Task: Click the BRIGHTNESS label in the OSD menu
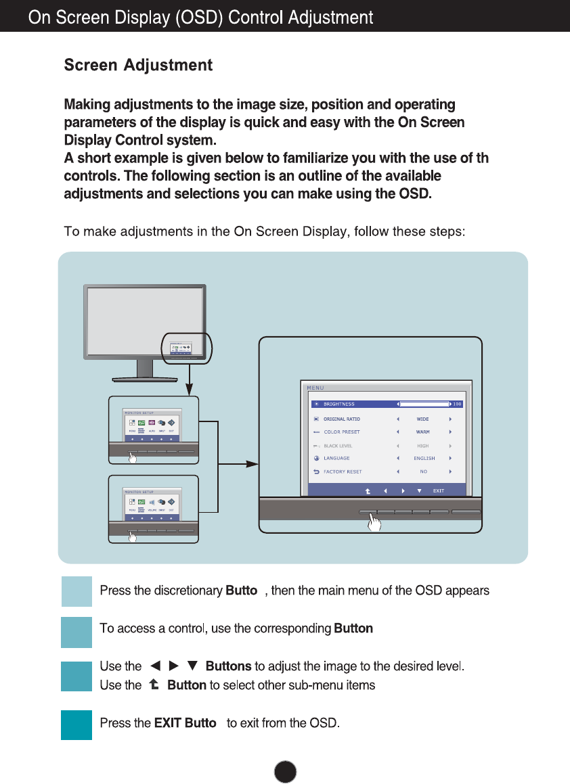point(338,405)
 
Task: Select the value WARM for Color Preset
point(423,432)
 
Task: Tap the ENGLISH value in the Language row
point(424,458)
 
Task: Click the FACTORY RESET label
point(343,471)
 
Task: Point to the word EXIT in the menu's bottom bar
point(438,490)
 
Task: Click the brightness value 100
point(457,405)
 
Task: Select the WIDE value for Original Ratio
point(423,419)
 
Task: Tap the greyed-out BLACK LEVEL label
point(337,446)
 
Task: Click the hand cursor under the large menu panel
point(374,522)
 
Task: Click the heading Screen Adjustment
point(138,66)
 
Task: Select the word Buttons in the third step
point(228,666)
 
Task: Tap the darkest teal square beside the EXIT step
point(76,724)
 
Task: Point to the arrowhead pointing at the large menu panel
point(253,464)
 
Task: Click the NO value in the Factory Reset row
point(423,471)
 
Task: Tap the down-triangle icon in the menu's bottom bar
point(420,490)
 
